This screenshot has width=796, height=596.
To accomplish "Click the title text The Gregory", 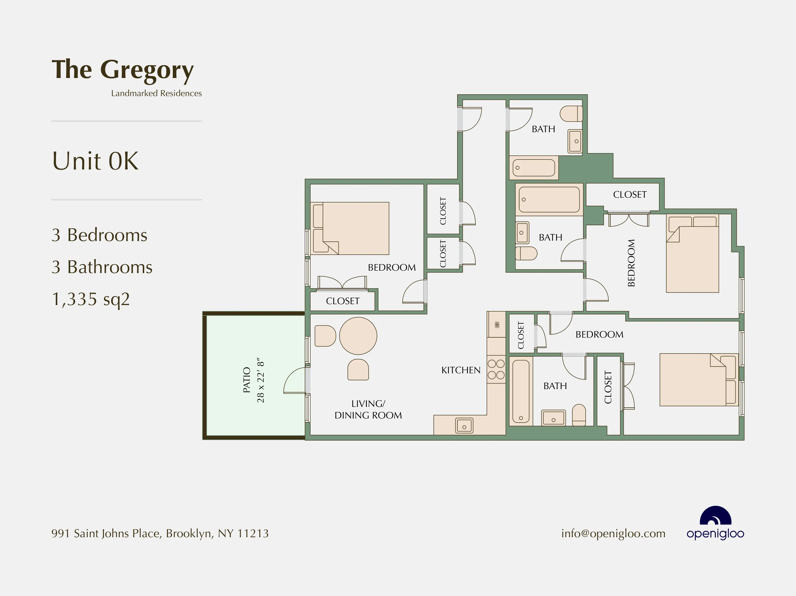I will coord(122,70).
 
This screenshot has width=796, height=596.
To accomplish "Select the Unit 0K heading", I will coord(95,161).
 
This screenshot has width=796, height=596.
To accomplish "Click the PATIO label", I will coord(246,380).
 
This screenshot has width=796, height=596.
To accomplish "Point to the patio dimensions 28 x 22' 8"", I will coord(260,380).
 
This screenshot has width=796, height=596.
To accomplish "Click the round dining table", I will coord(358,336).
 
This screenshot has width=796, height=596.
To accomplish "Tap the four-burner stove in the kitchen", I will coord(496,370).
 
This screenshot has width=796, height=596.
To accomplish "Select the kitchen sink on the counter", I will coord(464,426).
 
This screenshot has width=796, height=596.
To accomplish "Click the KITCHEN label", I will coord(461,370).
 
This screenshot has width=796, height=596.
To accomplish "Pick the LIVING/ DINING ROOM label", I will coord(368,409).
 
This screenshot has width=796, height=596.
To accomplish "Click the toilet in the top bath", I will coord(571,113).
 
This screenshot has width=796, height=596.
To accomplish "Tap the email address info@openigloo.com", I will coord(613,533).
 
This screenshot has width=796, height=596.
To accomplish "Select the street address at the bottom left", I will coord(160,533).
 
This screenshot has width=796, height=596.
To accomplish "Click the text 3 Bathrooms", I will coord(102,267).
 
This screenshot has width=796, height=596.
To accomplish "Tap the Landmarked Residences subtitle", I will coord(156,93).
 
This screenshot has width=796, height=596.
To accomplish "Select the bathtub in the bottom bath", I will coord(520,391).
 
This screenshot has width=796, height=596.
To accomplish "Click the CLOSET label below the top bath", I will coord(630,195).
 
